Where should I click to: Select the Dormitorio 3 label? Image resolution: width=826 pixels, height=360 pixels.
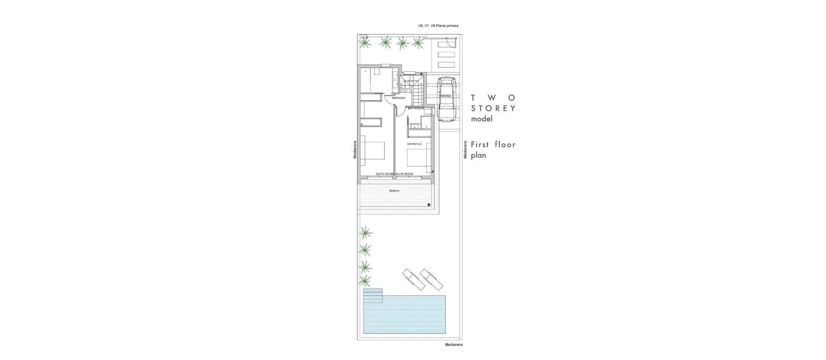414,144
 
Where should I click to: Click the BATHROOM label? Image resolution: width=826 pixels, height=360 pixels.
416,109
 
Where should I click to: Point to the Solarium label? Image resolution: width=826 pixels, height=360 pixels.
395,191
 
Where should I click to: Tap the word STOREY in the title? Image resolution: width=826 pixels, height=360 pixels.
493,108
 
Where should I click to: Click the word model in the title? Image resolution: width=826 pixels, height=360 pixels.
481,119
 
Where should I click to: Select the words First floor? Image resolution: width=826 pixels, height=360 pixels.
493,145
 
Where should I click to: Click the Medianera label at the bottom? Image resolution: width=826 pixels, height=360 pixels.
454,345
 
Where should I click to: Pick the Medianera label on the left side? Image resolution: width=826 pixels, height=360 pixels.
355,150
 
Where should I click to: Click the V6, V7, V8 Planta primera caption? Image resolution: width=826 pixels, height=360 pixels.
438,26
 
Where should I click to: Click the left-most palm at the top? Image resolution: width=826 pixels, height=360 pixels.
366,43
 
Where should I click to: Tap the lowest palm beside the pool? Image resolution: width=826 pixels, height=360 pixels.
365,281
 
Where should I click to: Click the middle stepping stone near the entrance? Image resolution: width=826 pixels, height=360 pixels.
446,55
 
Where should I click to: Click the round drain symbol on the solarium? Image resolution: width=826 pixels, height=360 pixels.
429,205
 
